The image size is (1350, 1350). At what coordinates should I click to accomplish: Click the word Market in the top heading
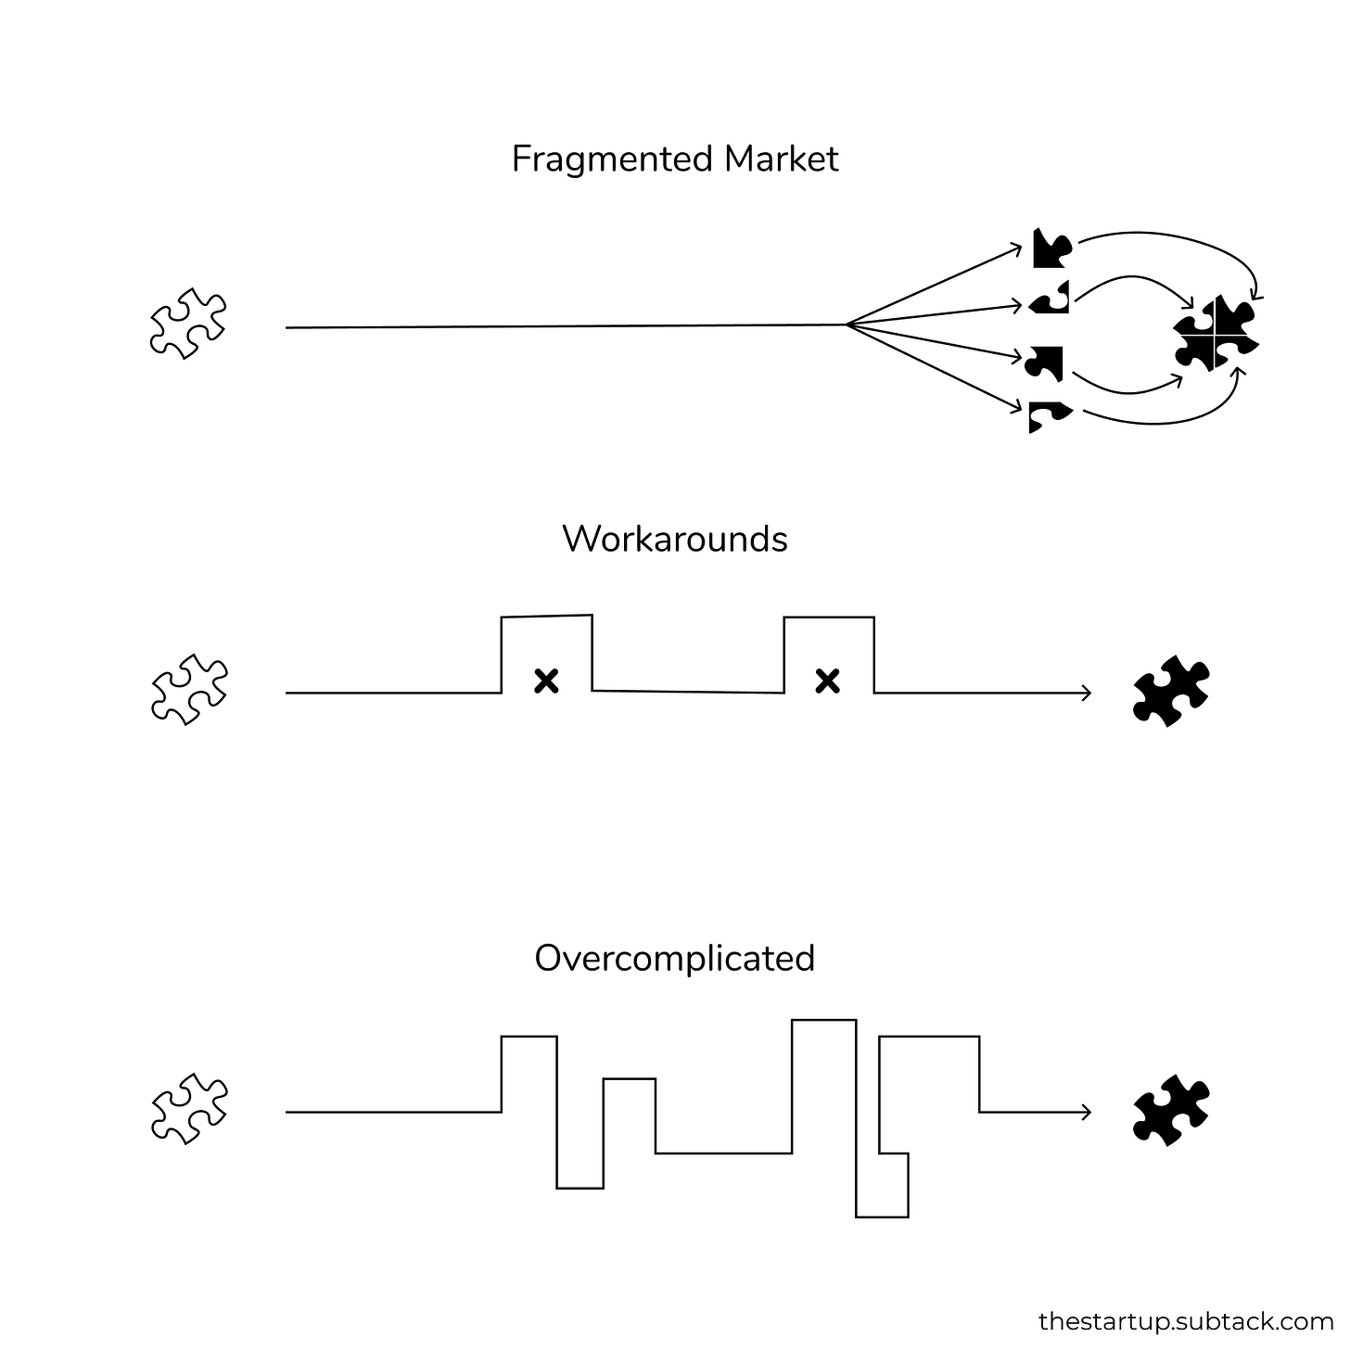(x=781, y=159)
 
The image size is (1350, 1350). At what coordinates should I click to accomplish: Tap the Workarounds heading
(x=674, y=539)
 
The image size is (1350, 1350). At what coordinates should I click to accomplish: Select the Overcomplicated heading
(x=674, y=958)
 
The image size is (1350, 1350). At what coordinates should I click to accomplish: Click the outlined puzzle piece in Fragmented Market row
(x=188, y=324)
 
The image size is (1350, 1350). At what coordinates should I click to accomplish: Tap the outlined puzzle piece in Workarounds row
(x=188, y=689)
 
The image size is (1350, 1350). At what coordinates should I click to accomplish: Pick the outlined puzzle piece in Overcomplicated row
(x=188, y=1108)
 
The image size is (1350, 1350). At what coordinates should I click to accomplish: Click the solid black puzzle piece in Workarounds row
(x=1171, y=691)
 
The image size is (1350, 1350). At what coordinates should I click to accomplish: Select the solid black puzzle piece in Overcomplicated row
(x=1171, y=1110)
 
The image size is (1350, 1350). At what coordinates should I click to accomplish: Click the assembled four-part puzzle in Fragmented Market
(x=1216, y=335)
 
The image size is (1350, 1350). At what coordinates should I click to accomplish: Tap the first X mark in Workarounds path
(x=547, y=681)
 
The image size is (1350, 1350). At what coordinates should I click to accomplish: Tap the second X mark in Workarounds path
(x=827, y=681)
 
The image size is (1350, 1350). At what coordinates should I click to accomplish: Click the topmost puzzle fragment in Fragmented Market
(x=1051, y=248)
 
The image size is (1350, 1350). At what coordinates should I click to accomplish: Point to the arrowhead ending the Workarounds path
(x=1087, y=693)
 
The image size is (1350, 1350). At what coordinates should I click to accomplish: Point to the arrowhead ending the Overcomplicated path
(x=1087, y=1112)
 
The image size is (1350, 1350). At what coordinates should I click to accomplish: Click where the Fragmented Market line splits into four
(x=847, y=325)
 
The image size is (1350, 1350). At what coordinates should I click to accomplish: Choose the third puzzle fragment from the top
(x=1046, y=363)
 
